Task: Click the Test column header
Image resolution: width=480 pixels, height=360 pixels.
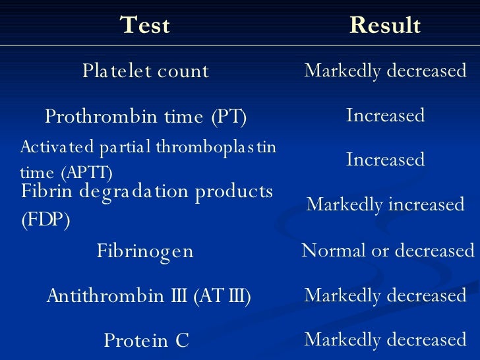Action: point(145,25)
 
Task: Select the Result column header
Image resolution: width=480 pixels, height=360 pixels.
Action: point(384,25)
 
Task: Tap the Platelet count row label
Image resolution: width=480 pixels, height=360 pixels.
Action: point(145,71)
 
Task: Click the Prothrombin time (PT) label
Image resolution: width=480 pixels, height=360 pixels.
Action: point(145,117)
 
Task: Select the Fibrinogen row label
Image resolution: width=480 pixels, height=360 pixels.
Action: point(145,251)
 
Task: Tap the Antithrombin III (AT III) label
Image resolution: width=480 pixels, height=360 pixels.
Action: point(148,296)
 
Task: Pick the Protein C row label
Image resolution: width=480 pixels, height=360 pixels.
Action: point(146,340)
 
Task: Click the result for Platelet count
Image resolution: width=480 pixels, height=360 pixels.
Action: point(385,71)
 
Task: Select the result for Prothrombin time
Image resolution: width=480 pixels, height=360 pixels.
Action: point(385,116)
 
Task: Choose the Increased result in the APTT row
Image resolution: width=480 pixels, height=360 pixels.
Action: point(385,160)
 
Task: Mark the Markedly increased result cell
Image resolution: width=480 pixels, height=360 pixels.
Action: point(386,204)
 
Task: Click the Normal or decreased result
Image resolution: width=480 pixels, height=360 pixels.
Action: point(388,251)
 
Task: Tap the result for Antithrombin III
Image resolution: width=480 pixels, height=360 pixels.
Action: point(385,295)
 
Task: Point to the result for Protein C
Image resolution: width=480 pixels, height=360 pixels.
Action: point(385,340)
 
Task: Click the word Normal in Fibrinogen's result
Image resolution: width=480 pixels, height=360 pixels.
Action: point(327,251)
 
